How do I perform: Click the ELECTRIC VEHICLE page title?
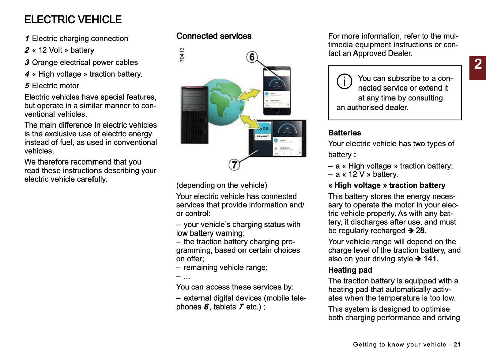[x=73, y=20]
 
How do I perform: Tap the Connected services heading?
[x=214, y=36]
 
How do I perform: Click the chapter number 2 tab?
[x=478, y=67]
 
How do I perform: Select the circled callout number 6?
[x=252, y=57]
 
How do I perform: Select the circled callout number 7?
[x=234, y=165]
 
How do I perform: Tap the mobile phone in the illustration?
[x=277, y=91]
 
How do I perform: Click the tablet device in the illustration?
[x=278, y=138]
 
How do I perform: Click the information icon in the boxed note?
[x=344, y=81]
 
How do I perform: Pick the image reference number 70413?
[x=182, y=55]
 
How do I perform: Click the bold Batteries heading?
[x=344, y=133]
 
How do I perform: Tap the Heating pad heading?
[x=350, y=270]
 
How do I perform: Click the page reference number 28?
[x=420, y=231]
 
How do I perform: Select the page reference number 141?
[x=430, y=259]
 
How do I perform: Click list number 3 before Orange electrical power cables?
[x=27, y=62]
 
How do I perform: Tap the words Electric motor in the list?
[x=55, y=86]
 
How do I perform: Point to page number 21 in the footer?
[x=457, y=344]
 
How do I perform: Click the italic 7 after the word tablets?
[x=241, y=307]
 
